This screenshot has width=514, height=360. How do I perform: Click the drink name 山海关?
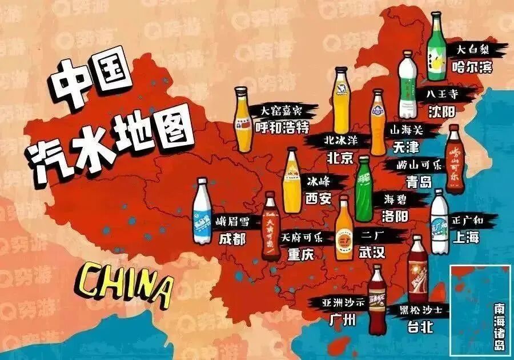(404, 130)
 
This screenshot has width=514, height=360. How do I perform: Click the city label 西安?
(318, 199)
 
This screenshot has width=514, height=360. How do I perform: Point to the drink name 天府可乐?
(302, 237)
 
